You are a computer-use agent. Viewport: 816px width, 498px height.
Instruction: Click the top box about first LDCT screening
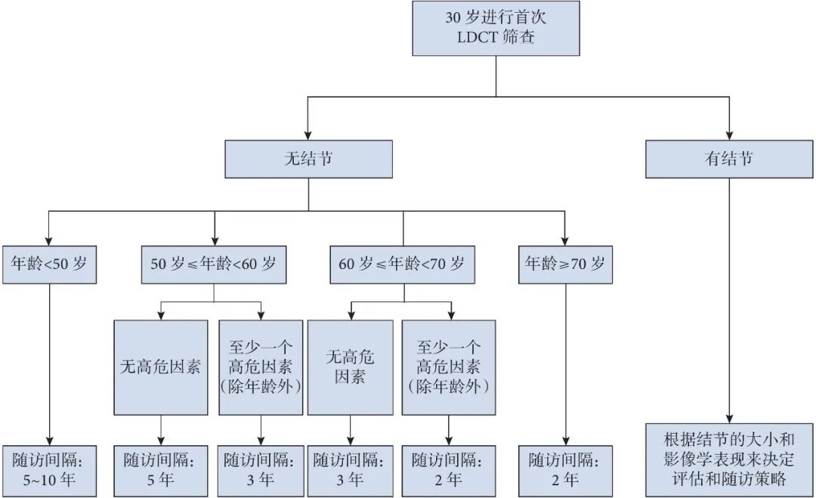(x=496, y=28)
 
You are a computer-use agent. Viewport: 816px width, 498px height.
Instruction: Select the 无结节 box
(x=308, y=160)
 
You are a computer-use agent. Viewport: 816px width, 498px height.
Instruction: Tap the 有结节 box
(x=728, y=160)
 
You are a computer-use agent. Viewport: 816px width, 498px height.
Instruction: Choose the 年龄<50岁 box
(x=49, y=264)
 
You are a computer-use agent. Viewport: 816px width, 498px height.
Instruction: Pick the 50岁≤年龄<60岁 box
(x=214, y=264)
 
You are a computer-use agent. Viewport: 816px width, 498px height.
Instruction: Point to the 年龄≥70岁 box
(x=565, y=264)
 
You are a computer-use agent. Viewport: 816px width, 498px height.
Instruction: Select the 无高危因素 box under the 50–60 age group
(x=160, y=367)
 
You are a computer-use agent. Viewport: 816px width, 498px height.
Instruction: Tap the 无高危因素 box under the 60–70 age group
(x=350, y=367)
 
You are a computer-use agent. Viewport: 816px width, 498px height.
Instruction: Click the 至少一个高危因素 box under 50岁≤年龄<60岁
(x=261, y=367)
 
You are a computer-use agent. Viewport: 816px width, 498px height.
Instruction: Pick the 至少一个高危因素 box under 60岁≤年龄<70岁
(x=449, y=367)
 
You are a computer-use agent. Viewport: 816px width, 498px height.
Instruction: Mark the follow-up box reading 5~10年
(x=49, y=470)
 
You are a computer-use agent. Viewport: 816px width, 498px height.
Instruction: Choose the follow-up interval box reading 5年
(x=160, y=470)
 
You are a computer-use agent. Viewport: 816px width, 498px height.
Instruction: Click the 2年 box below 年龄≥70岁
(x=565, y=470)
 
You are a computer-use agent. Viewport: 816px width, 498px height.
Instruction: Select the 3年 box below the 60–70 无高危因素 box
(x=350, y=470)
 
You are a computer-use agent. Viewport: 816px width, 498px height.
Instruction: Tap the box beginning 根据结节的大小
(x=728, y=459)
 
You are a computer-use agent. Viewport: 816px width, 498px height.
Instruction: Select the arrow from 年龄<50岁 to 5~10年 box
(x=49, y=363)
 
